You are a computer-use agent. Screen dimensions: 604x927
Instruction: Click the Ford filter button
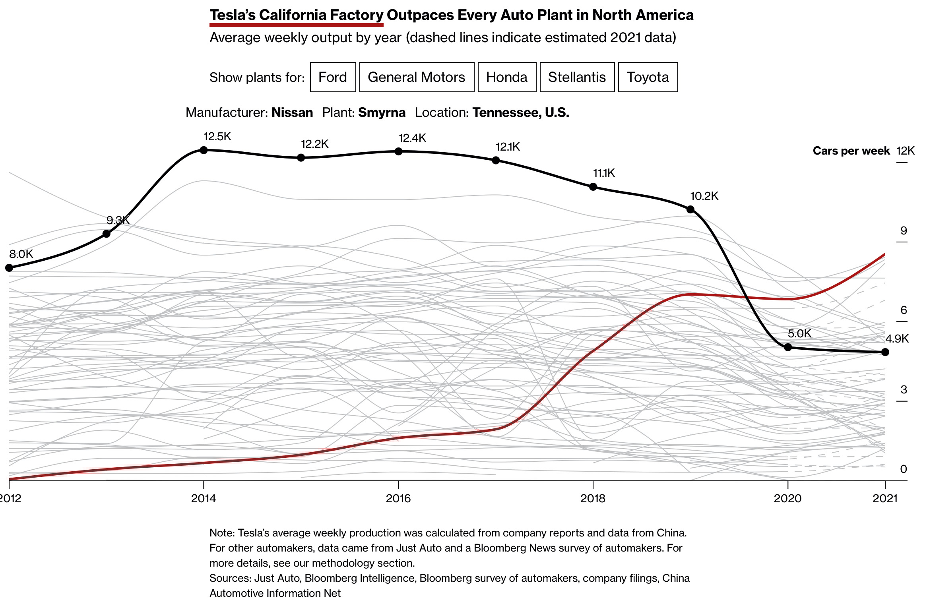click(333, 77)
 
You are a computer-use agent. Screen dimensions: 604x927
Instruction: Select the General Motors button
click(416, 77)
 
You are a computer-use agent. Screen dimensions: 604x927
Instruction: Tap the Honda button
click(506, 77)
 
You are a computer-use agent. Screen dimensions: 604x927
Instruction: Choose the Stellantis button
click(577, 77)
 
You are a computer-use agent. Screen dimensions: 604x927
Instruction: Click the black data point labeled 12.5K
click(204, 150)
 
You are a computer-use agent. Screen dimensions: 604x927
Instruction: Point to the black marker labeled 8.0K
click(9, 268)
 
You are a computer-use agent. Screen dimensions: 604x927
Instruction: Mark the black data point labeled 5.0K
click(788, 347)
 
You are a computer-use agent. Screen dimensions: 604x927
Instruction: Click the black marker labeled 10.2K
click(690, 209)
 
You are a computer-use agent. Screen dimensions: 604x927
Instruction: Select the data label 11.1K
click(604, 173)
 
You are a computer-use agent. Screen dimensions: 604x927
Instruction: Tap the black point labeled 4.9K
click(885, 352)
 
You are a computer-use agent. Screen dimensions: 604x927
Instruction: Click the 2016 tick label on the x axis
click(398, 498)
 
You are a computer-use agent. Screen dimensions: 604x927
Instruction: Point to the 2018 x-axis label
click(593, 498)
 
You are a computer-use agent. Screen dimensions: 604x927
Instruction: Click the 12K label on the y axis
click(906, 151)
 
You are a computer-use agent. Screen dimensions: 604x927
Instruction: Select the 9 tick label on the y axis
click(904, 231)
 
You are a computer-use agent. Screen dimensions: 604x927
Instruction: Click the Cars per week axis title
click(851, 151)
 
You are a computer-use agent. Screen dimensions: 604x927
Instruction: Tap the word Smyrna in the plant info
click(382, 113)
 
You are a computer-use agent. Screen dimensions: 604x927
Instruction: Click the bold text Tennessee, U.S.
click(520, 113)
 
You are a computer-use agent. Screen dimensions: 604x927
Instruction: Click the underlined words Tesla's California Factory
click(296, 15)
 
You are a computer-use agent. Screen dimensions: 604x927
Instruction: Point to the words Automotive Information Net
click(275, 593)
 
